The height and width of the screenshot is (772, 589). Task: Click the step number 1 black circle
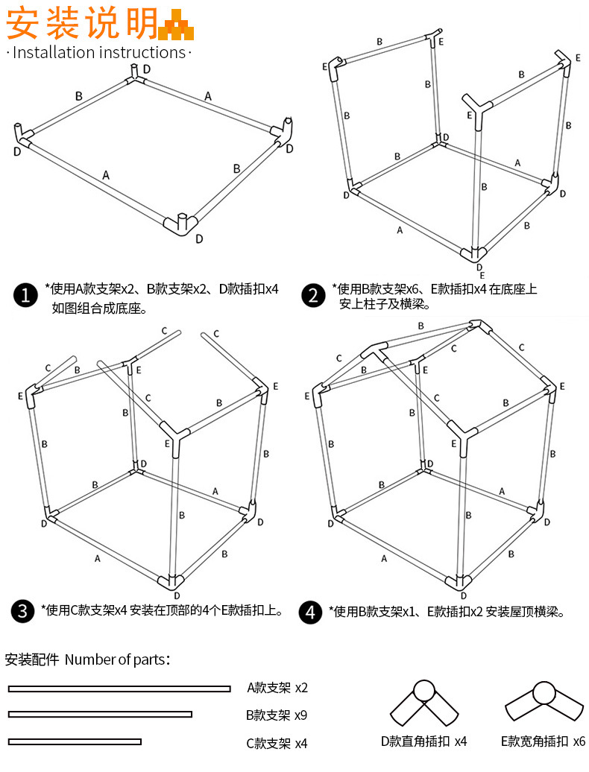26,295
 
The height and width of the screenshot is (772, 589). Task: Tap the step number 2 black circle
314,295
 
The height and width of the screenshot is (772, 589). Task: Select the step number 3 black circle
24,612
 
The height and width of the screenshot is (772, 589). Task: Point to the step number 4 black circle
311,612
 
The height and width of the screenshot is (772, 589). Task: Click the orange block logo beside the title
177,25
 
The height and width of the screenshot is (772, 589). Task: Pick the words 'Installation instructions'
99,52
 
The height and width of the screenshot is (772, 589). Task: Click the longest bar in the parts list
119,689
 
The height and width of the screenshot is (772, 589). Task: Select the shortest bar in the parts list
75,741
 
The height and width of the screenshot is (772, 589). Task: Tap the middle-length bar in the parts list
100,715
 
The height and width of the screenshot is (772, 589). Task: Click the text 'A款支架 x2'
277,688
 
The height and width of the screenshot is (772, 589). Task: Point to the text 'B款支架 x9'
277,715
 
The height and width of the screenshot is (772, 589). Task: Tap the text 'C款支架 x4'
277,743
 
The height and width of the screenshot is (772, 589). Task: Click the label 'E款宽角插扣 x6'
544,741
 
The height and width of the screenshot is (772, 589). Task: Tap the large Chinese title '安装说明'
82,24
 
